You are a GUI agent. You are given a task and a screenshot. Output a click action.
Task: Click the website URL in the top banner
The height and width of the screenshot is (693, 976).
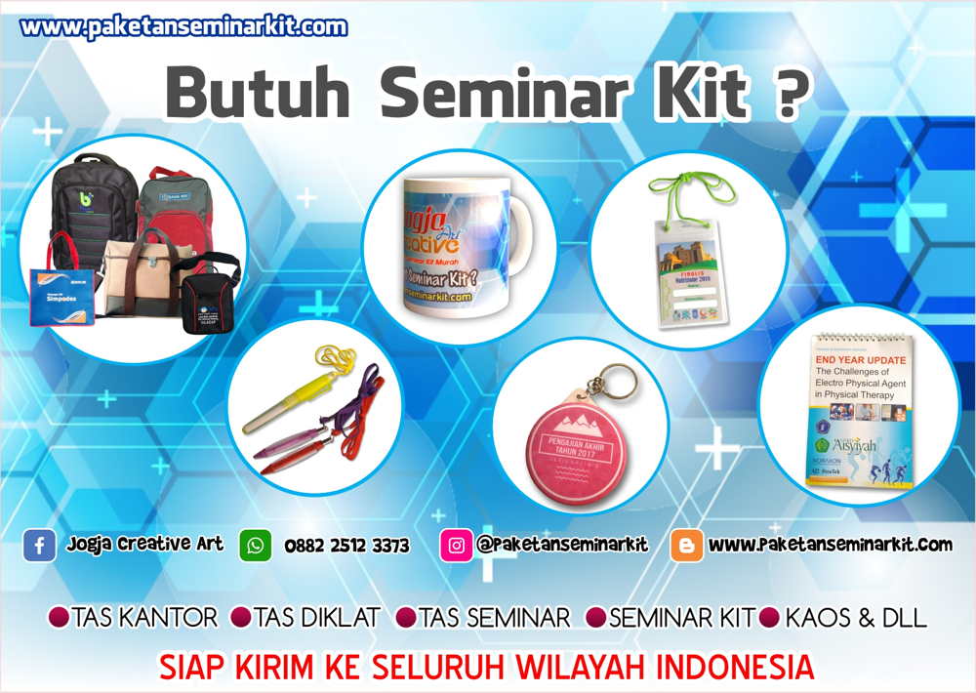[x=183, y=27]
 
